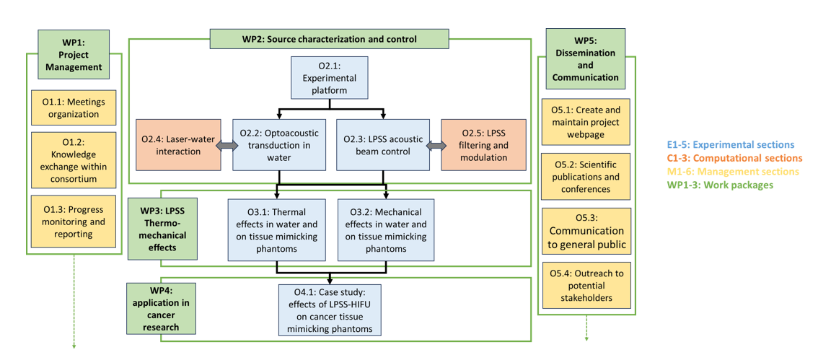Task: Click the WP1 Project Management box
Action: coord(74,54)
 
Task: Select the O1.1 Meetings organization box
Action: coord(74,107)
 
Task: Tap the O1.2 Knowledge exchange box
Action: coord(74,159)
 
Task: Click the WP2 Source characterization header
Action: coord(329,39)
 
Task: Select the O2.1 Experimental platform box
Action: coord(329,78)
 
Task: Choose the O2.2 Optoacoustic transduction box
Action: coord(278,145)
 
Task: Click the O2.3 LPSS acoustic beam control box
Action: coord(384,145)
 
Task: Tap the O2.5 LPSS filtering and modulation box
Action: coord(483,145)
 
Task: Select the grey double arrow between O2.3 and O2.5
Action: coord(434,146)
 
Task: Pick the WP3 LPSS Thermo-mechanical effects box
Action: coord(162,229)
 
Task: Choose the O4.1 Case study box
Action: coord(329,309)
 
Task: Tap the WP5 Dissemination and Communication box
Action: coord(585,59)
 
